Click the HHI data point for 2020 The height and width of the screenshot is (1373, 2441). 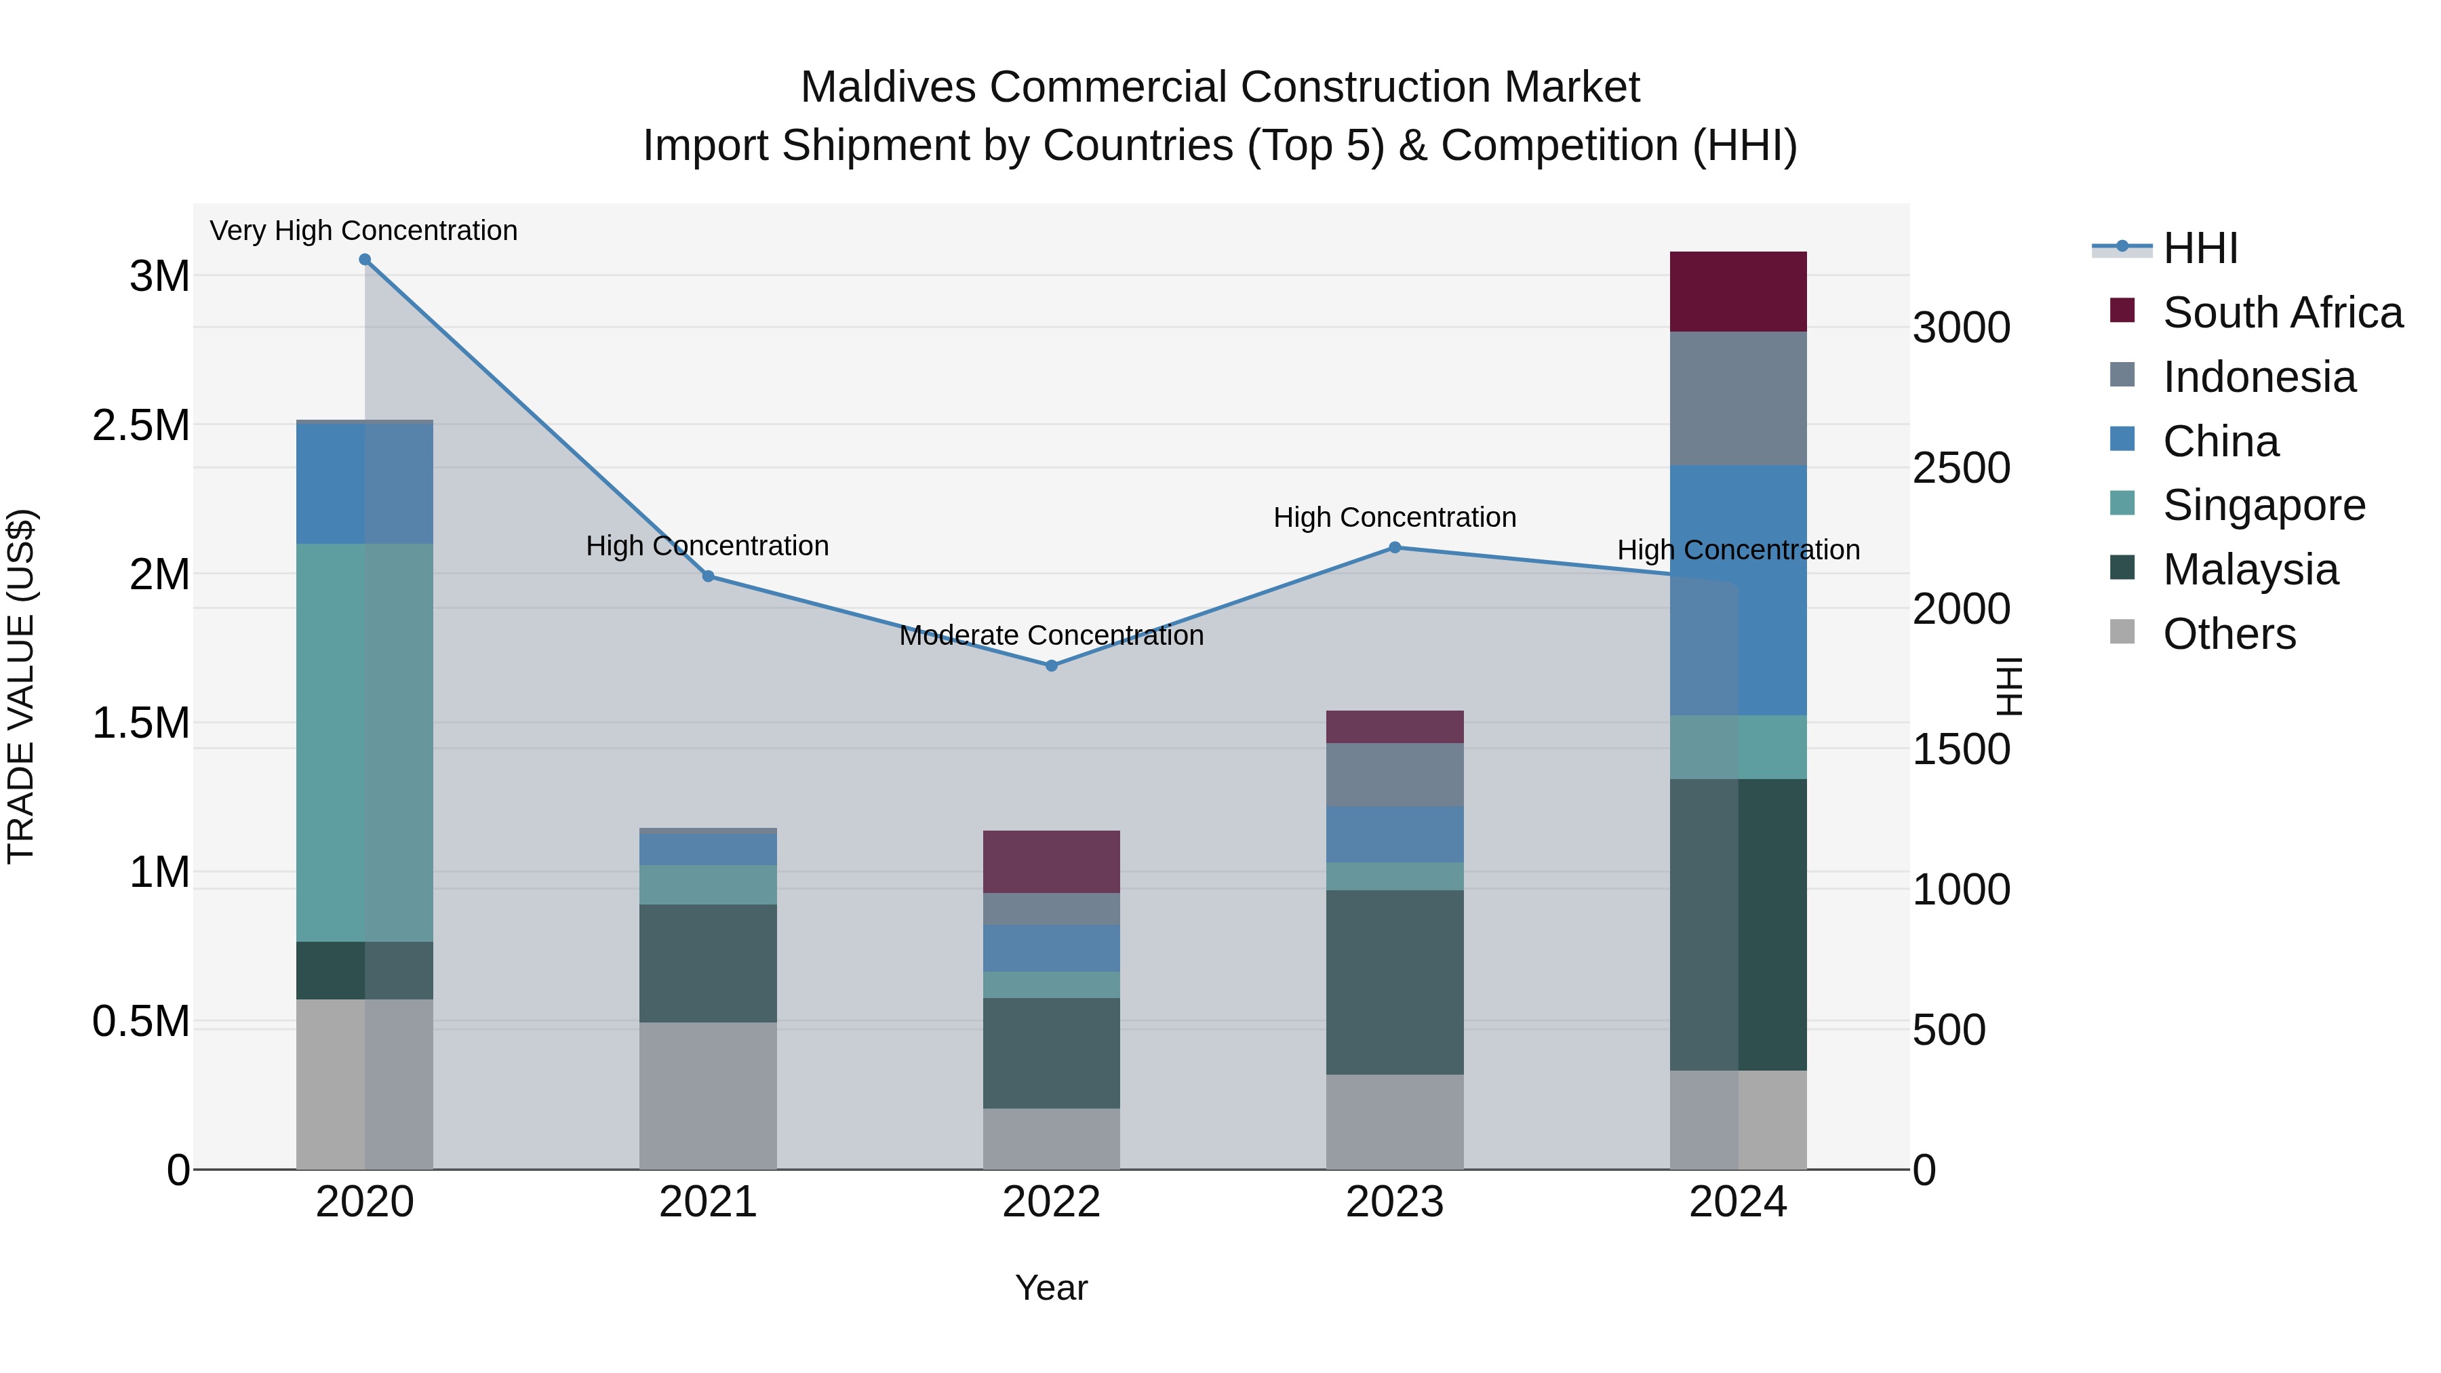(x=365, y=260)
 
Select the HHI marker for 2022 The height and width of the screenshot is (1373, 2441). (x=1051, y=666)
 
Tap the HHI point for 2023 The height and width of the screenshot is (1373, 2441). (x=1394, y=548)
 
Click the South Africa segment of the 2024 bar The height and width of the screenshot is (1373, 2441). (x=1738, y=292)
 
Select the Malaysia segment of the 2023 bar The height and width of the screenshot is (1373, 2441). (x=1394, y=982)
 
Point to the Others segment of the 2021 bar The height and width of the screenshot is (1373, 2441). (x=708, y=1096)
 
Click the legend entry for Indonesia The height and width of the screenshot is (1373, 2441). (x=2259, y=377)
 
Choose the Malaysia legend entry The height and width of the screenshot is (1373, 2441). (x=2250, y=570)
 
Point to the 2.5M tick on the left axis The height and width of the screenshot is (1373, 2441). (x=141, y=425)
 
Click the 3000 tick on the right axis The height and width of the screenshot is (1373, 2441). (x=1960, y=328)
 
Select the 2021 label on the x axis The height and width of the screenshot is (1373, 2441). (x=708, y=1202)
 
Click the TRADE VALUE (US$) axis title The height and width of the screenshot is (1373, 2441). (x=21, y=686)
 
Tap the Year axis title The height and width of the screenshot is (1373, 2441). (x=1051, y=1288)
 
